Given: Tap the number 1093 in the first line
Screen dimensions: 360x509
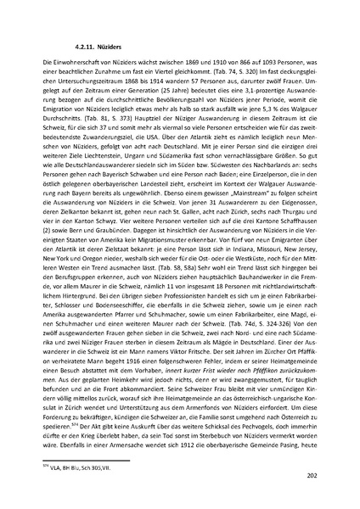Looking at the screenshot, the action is tap(275, 64).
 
